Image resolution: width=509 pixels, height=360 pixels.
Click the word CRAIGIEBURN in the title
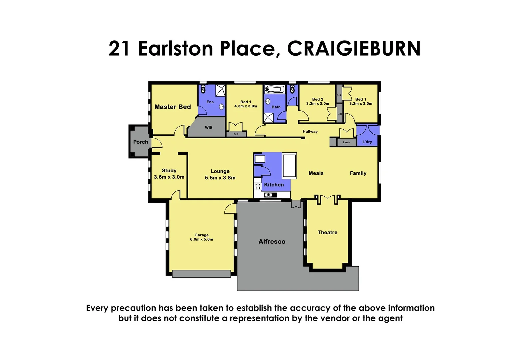(x=354, y=49)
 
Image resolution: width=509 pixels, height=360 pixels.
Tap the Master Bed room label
(x=173, y=107)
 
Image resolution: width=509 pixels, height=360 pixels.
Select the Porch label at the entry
(x=140, y=142)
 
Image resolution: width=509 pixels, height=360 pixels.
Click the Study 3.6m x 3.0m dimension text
(x=169, y=177)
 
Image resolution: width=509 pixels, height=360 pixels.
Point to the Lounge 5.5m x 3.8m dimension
(x=220, y=178)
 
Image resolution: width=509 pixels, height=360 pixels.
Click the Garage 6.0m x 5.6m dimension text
(x=201, y=239)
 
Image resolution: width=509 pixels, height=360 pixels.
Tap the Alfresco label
(x=272, y=242)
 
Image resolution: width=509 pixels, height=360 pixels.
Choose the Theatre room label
(x=327, y=232)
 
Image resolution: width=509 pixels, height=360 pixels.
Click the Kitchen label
(x=274, y=185)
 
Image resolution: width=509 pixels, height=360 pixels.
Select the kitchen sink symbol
(x=270, y=195)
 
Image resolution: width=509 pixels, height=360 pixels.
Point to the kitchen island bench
(x=289, y=166)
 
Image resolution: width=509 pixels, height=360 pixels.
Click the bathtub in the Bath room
(x=275, y=89)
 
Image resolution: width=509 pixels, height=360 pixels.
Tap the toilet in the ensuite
(x=203, y=89)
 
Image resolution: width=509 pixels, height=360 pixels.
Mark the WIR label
(x=209, y=128)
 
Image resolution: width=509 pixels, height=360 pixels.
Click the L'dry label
(x=367, y=142)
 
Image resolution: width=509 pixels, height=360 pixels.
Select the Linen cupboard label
(x=346, y=142)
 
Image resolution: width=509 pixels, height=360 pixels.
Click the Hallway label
(x=310, y=131)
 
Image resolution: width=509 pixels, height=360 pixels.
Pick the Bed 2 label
(x=318, y=99)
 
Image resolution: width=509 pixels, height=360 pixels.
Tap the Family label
(x=358, y=173)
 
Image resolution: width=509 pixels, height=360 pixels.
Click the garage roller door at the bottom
(x=201, y=274)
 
